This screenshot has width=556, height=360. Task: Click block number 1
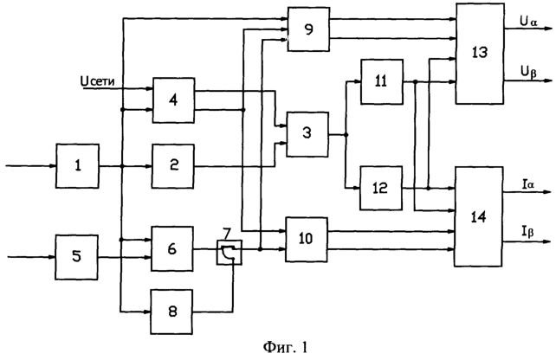click(77, 166)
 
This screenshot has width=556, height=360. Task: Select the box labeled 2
click(173, 166)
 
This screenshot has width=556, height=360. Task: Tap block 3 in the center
click(307, 135)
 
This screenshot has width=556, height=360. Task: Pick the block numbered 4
click(173, 100)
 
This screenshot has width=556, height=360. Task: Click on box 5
click(76, 257)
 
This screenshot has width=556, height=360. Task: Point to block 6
click(172, 248)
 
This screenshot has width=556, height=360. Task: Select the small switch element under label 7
click(230, 253)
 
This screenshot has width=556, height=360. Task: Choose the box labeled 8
click(172, 312)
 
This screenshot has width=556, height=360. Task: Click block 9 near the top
click(308, 29)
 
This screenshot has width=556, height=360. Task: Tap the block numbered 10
click(307, 240)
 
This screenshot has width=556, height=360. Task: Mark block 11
click(382, 82)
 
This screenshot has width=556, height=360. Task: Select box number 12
click(381, 188)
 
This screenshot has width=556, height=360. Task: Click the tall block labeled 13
click(480, 54)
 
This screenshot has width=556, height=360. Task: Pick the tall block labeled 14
click(479, 216)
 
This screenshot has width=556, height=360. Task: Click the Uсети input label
click(98, 81)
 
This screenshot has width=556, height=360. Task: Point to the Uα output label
click(529, 22)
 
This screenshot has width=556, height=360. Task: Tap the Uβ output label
click(528, 72)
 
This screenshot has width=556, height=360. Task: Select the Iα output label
click(528, 184)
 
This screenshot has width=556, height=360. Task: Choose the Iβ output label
click(527, 232)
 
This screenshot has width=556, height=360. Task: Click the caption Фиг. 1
click(286, 347)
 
